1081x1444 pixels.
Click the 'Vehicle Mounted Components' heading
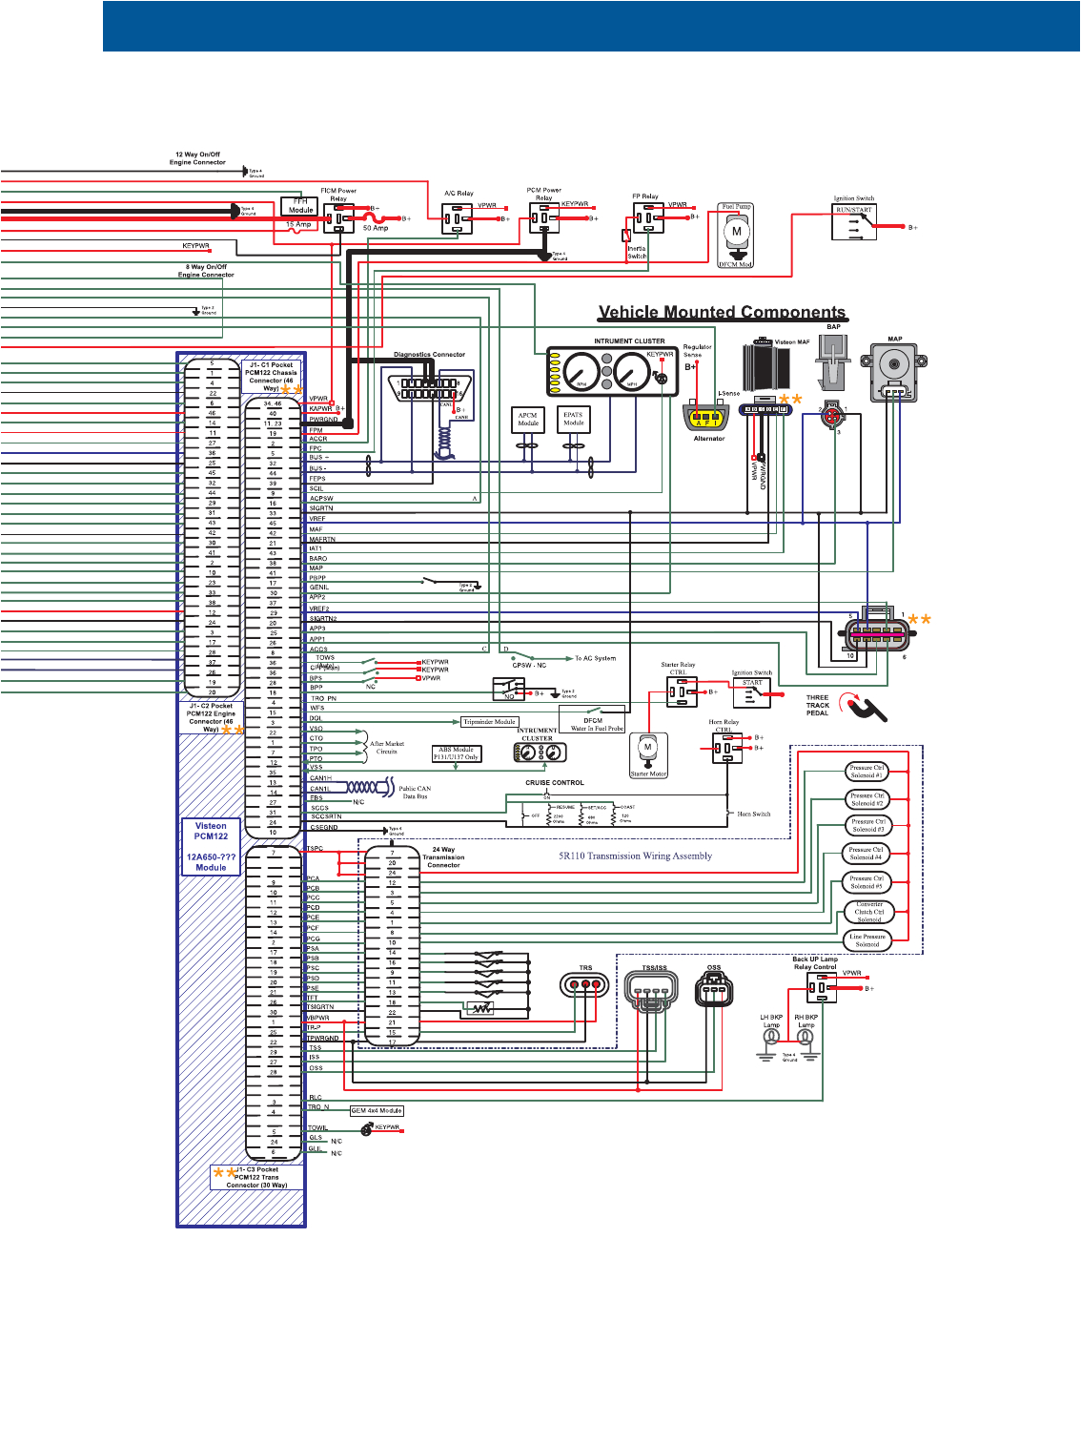click(x=722, y=312)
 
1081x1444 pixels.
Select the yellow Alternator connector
click(x=706, y=417)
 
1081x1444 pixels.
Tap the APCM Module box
click(x=527, y=420)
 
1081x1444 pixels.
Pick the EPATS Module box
click(x=573, y=419)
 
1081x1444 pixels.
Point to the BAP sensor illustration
click(x=833, y=361)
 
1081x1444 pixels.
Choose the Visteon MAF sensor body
click(x=766, y=367)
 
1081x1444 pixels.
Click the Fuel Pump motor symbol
click(x=736, y=232)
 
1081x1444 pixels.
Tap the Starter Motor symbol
click(x=648, y=752)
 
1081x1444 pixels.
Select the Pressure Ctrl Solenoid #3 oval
click(x=867, y=826)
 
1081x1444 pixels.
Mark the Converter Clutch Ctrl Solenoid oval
click(x=868, y=913)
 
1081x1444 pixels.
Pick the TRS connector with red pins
click(x=585, y=986)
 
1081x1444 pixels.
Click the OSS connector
click(x=714, y=990)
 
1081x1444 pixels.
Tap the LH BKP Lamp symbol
click(x=771, y=1038)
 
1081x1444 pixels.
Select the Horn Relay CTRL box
click(x=727, y=748)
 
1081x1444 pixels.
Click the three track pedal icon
click(x=866, y=708)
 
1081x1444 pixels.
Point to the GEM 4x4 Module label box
click(x=377, y=1110)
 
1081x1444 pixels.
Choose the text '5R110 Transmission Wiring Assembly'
click(x=635, y=856)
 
